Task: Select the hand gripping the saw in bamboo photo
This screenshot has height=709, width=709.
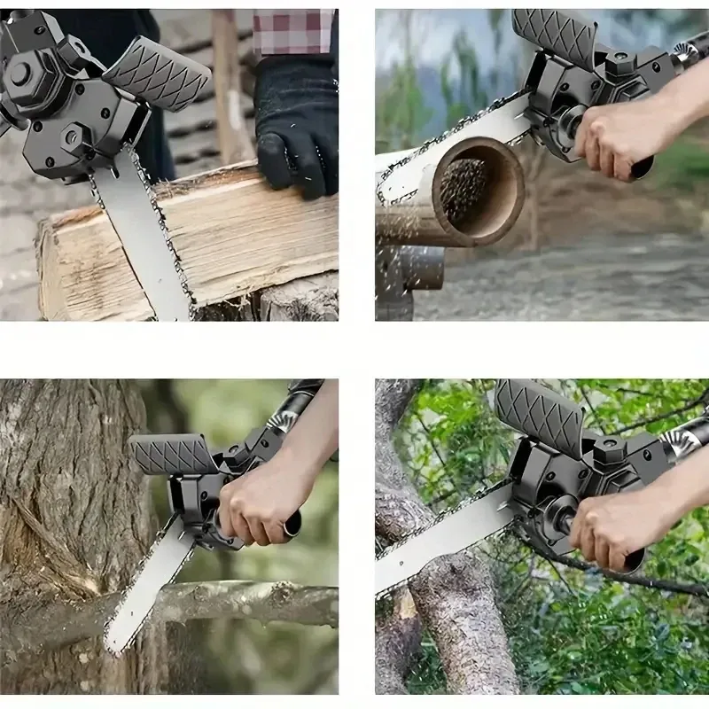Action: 620,133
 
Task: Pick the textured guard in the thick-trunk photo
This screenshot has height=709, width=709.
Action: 173,455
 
